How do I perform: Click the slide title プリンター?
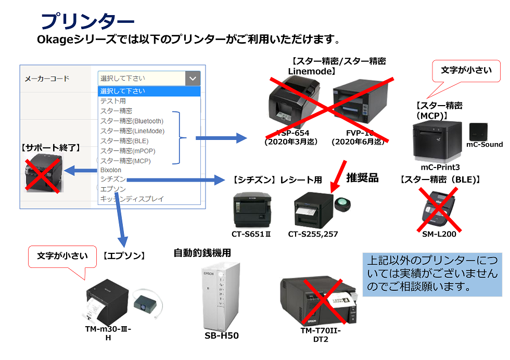[x=87, y=21]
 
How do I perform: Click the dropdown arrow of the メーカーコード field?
[x=193, y=79]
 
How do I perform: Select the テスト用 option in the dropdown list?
[x=113, y=101]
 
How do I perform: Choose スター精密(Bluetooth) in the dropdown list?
[x=132, y=121]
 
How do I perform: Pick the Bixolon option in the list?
[x=110, y=170]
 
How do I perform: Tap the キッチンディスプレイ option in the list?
[x=132, y=199]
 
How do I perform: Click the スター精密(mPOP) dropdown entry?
[x=125, y=151]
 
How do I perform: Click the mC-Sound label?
[x=484, y=145]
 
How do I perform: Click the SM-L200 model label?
[x=439, y=234]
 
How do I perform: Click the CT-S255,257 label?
[x=313, y=234]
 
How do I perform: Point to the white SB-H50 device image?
[x=221, y=295]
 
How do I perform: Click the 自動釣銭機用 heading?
[x=202, y=253]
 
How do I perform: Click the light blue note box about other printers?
[x=432, y=274]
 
